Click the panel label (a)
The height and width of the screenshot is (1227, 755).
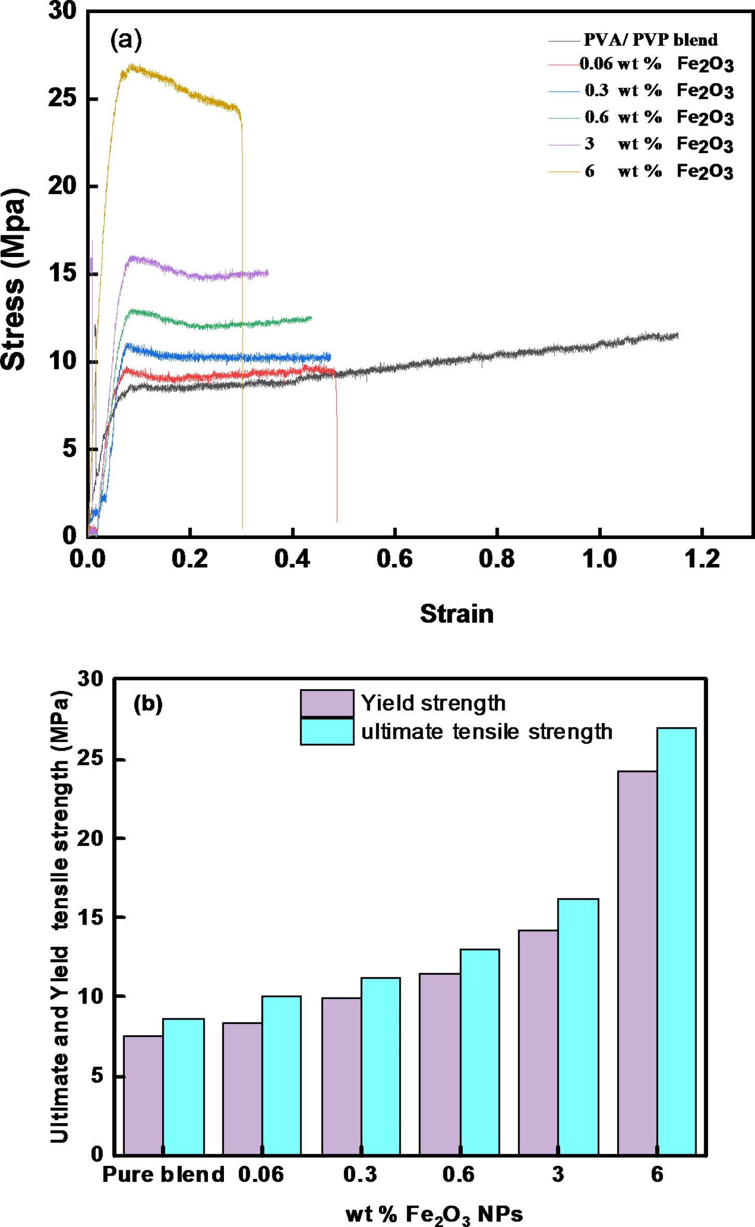[x=126, y=40]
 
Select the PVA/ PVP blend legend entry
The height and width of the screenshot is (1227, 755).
[x=650, y=40]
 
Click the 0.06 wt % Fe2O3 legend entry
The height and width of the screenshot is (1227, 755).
[x=656, y=64]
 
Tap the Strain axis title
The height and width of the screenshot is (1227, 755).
[x=457, y=614]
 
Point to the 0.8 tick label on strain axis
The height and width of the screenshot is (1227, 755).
[x=497, y=559]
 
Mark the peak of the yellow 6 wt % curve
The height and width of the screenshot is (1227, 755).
[x=133, y=66]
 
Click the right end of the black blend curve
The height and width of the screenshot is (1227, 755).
[x=677, y=336]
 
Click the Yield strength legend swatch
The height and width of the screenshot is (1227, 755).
[x=327, y=703]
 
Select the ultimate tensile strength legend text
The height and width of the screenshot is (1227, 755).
[x=486, y=732]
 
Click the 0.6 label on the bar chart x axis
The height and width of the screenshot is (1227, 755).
[x=458, y=1175]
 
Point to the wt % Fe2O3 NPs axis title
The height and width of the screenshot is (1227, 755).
[x=434, y=1215]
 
